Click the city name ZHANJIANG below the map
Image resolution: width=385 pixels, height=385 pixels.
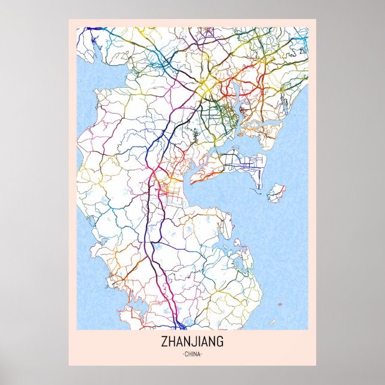pyautogui.click(x=192, y=343)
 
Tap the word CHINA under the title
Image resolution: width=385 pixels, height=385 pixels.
pyautogui.click(x=192, y=355)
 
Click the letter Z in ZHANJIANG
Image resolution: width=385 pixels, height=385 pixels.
pyautogui.click(x=163, y=343)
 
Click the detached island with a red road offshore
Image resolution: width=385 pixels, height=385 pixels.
pyautogui.click(x=276, y=192)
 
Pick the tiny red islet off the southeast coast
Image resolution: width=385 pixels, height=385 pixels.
pyautogui.click(x=279, y=305)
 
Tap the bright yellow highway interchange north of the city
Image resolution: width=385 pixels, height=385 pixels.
pyautogui.click(x=206, y=89)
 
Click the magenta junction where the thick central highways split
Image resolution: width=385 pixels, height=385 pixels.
pyautogui.click(x=154, y=174)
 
